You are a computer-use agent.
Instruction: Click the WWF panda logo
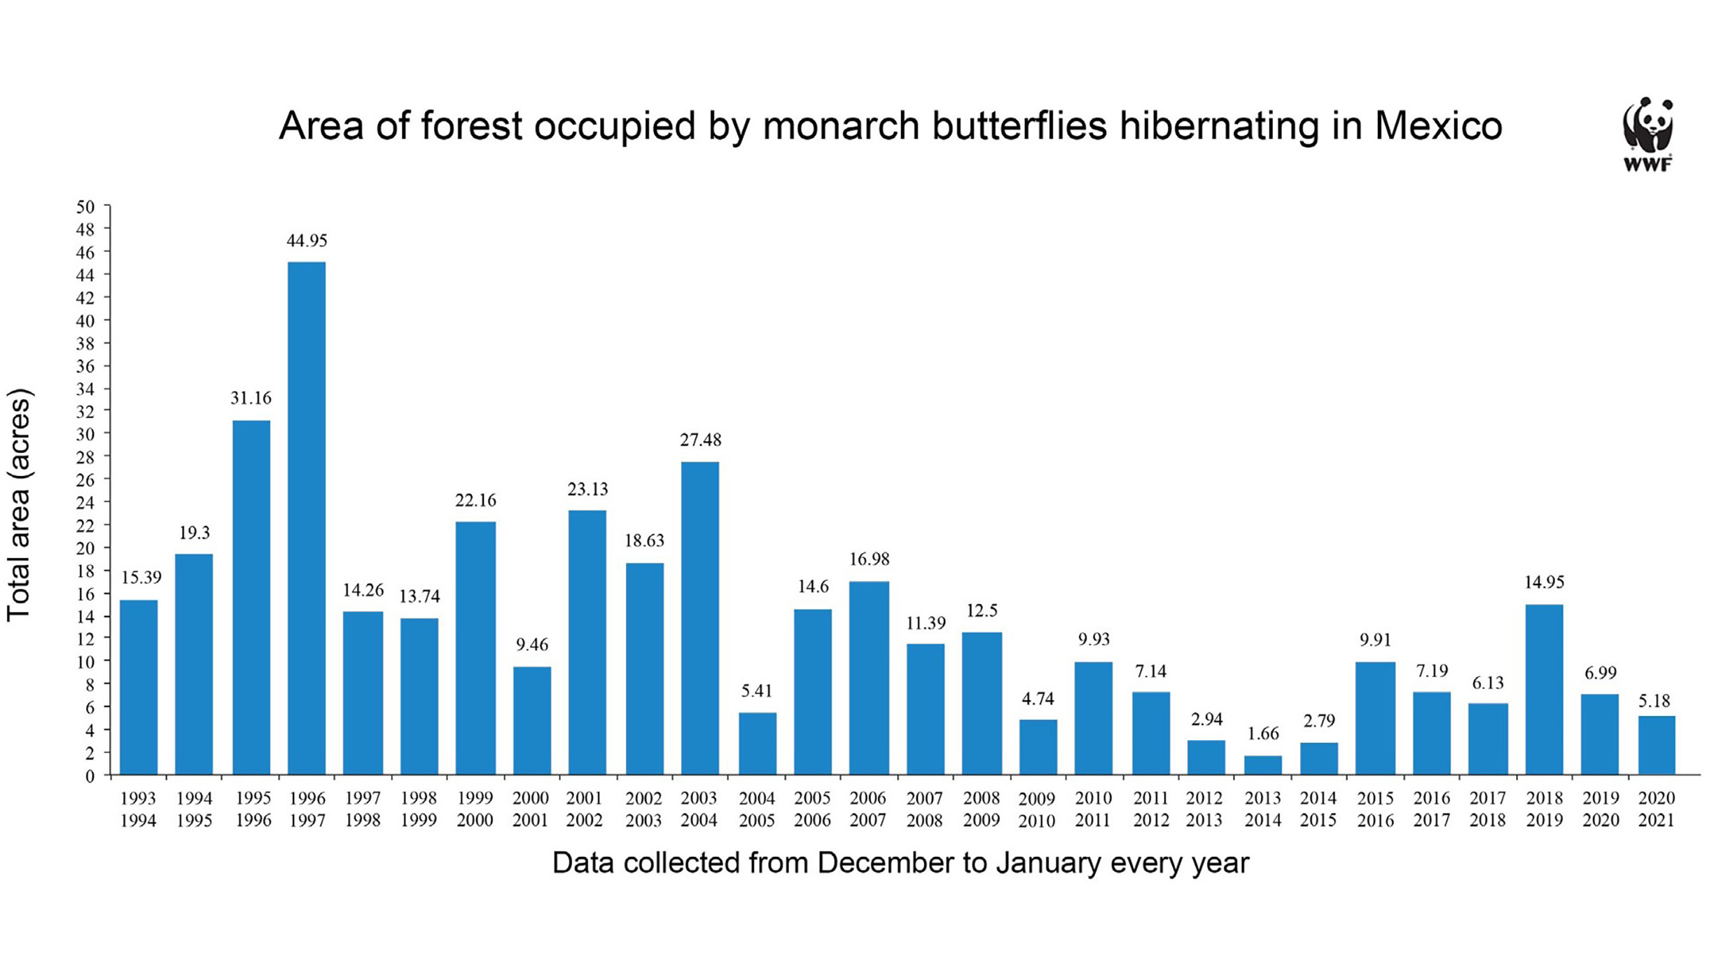click(1647, 133)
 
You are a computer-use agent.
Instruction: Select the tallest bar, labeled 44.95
click(307, 518)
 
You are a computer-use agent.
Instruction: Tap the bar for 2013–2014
click(1262, 765)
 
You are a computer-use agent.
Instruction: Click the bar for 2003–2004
click(699, 618)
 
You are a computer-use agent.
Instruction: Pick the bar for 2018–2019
click(1544, 689)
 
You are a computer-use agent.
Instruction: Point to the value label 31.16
click(251, 398)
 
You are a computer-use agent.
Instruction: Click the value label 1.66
click(1263, 733)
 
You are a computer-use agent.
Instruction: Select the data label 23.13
click(587, 489)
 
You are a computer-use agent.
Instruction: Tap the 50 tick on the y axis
click(85, 207)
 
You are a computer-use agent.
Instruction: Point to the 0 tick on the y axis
click(90, 776)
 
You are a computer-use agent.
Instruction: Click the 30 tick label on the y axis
click(85, 434)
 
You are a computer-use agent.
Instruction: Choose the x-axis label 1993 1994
click(138, 809)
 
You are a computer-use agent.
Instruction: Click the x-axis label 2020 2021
click(1656, 809)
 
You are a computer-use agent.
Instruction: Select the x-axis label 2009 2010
click(1036, 809)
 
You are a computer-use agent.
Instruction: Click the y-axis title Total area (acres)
click(19, 504)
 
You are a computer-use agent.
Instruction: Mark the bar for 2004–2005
click(757, 743)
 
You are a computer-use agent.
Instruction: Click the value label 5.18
click(1654, 700)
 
